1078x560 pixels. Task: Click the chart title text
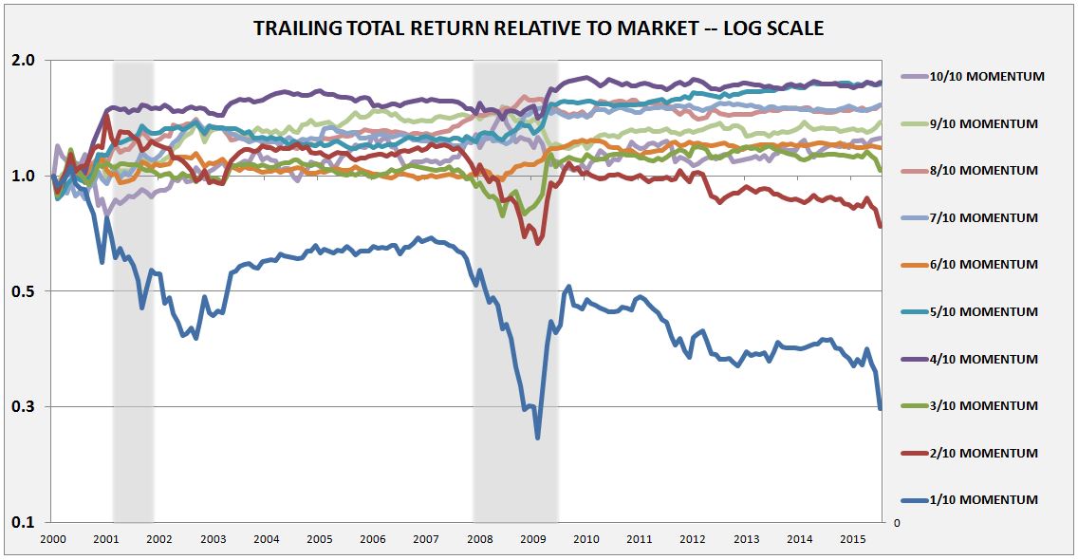(538, 29)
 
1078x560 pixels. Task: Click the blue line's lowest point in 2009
(537, 438)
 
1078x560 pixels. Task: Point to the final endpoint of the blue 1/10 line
(881, 409)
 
